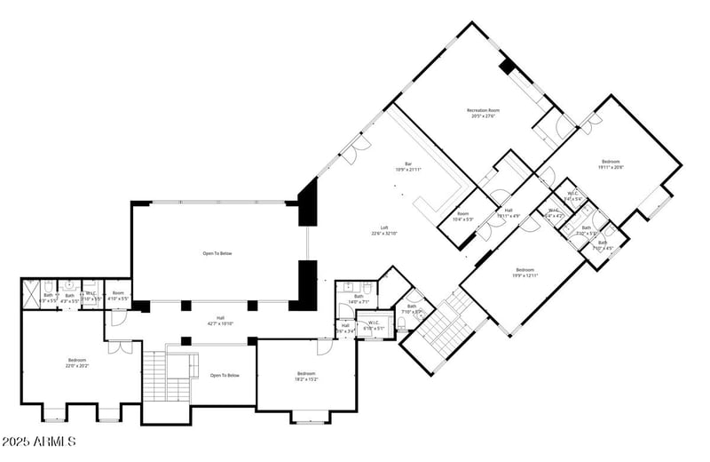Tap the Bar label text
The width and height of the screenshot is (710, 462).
[x=408, y=163]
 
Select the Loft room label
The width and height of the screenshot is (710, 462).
[x=384, y=228]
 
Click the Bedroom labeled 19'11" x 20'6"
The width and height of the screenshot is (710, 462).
[x=611, y=162]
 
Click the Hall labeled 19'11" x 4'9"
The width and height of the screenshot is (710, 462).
[x=509, y=211]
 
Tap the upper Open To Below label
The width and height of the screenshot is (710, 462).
[x=217, y=253]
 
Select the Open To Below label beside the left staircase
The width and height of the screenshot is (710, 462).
[x=225, y=375]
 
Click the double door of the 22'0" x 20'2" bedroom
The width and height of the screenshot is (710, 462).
[x=120, y=346]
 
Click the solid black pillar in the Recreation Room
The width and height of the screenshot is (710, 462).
[x=508, y=66]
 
